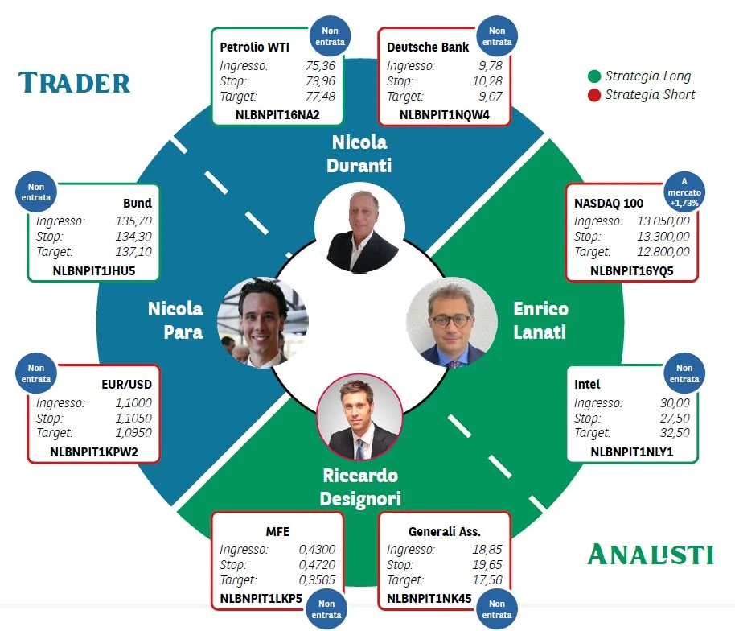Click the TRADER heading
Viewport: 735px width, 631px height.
(x=74, y=83)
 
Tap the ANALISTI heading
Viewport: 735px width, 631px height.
(x=650, y=554)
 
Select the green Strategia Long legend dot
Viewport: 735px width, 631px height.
(x=594, y=76)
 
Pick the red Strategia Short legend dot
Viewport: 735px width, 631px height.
(x=594, y=95)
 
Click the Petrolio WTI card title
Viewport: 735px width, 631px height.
(x=255, y=47)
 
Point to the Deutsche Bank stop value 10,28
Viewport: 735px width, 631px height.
(x=487, y=81)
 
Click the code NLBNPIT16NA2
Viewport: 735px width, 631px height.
(x=277, y=115)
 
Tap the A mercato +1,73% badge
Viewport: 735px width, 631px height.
(x=684, y=192)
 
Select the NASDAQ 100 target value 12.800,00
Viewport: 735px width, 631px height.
(x=663, y=252)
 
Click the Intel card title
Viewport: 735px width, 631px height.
(x=587, y=385)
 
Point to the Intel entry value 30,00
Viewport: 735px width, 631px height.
(x=675, y=403)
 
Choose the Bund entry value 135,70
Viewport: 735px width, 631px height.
(x=133, y=221)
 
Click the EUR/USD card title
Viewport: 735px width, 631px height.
(x=126, y=385)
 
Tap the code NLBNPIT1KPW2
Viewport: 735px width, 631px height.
(x=94, y=452)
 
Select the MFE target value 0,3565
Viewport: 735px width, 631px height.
(x=317, y=580)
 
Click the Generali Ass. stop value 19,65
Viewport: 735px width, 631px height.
(x=487, y=565)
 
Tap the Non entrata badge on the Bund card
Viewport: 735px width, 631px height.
(x=36, y=192)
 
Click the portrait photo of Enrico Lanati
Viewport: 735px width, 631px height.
(x=451, y=323)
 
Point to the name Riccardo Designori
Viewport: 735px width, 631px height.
(x=360, y=487)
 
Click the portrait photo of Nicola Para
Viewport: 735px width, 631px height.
(x=262, y=323)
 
